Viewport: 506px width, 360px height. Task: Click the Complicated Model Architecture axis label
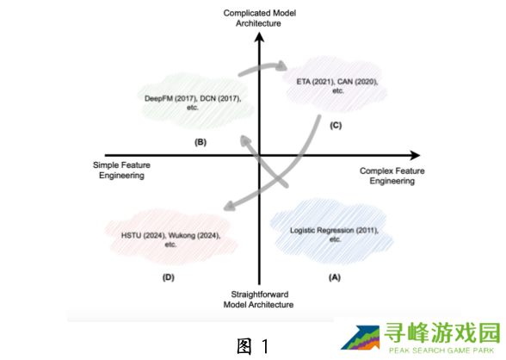[260, 18]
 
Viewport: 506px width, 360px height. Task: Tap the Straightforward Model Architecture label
[258, 300]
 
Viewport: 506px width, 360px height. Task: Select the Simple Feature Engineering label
[121, 171]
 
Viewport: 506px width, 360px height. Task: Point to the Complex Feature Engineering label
[392, 176]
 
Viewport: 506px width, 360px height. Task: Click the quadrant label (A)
[335, 277]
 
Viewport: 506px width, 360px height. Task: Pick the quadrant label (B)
[201, 142]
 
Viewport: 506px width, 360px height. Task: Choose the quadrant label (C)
[336, 125]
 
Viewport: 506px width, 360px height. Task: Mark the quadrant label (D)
[169, 277]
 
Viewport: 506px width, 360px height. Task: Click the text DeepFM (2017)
[171, 98]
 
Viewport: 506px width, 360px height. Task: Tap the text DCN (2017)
[220, 98]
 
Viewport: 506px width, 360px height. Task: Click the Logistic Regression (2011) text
[334, 230]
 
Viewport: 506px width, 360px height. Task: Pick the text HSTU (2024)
[144, 235]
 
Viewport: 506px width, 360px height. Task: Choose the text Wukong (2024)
[194, 235]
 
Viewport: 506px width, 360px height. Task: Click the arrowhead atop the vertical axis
[259, 37]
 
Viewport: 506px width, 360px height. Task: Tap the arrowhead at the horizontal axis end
[415, 155]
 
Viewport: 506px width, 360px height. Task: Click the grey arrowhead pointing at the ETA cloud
[282, 65]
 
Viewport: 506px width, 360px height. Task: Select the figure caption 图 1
[252, 346]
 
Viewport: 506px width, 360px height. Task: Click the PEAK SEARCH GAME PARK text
[441, 351]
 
